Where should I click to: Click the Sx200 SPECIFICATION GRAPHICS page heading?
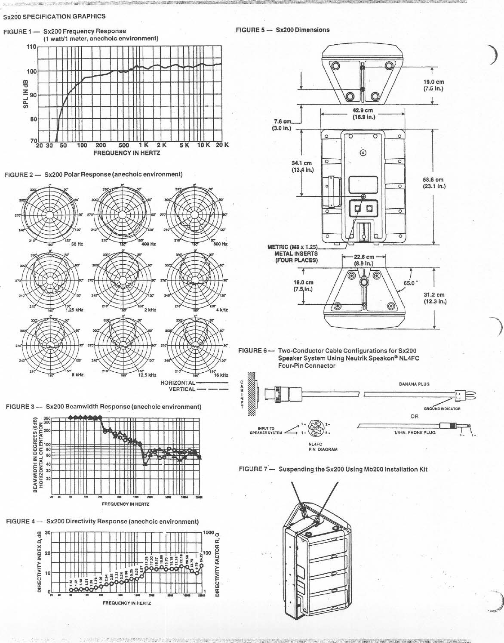point(54,16)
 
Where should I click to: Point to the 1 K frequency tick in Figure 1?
point(143,145)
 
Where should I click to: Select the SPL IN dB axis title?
point(26,95)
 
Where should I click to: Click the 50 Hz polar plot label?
point(77,244)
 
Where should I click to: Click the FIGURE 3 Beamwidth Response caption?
point(103,406)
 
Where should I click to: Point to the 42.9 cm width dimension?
point(363,113)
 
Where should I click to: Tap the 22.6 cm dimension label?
point(363,260)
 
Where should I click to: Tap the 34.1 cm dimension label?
point(301,166)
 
